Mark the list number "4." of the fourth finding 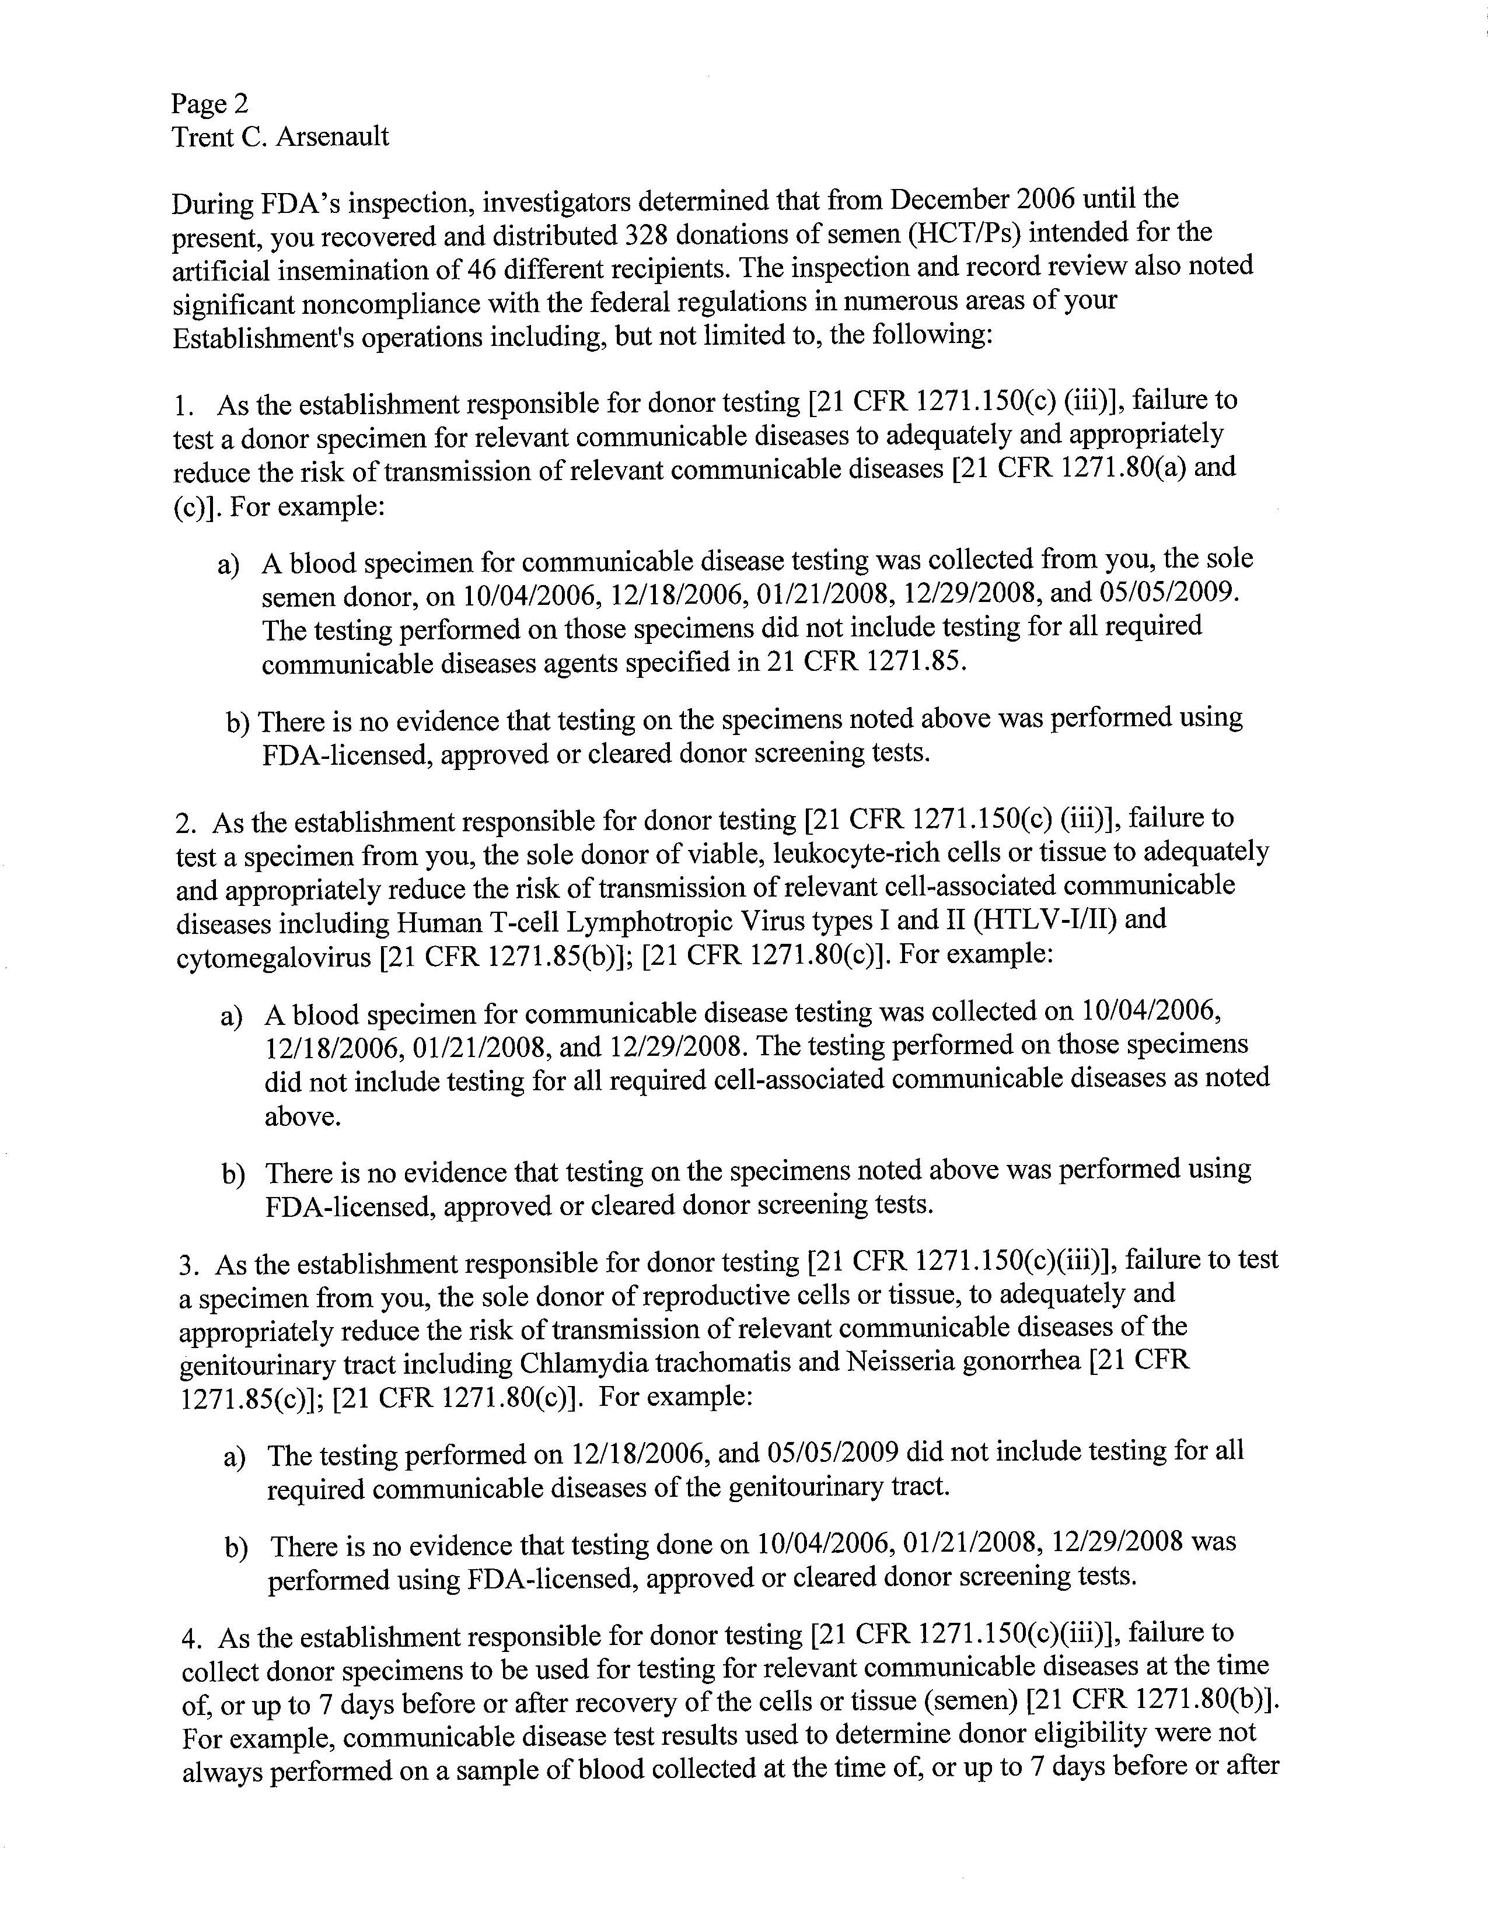(191, 1639)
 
